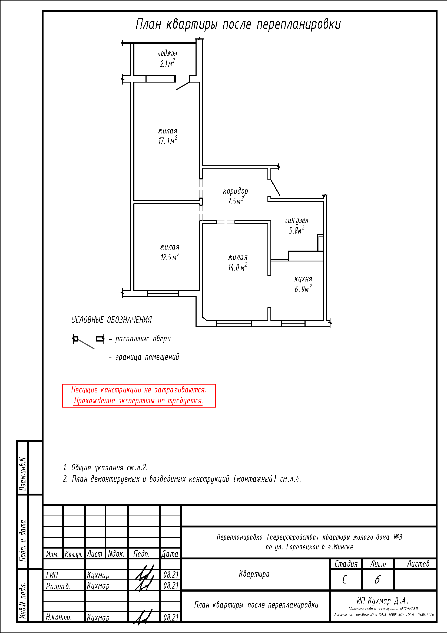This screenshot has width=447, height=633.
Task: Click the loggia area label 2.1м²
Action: (x=167, y=63)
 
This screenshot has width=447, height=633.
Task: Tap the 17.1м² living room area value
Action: (x=167, y=140)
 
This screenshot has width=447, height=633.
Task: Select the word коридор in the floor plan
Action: (x=236, y=191)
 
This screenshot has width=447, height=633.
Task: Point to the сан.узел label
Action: (x=297, y=221)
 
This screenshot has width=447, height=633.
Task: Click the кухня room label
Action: (x=303, y=279)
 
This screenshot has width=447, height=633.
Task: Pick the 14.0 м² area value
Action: (x=237, y=267)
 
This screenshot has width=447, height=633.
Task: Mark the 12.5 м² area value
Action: (x=170, y=257)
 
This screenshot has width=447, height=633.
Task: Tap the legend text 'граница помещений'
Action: (x=147, y=357)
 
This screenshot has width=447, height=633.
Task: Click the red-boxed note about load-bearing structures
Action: (x=139, y=395)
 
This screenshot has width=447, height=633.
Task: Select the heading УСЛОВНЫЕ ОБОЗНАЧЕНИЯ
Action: (x=112, y=320)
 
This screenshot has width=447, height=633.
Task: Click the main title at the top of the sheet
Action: (x=238, y=24)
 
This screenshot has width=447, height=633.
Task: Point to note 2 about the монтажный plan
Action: (x=182, y=479)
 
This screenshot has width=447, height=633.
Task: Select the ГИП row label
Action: (x=52, y=575)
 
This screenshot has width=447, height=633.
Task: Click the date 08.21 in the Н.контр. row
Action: (x=171, y=617)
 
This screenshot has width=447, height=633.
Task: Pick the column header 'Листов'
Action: (x=418, y=564)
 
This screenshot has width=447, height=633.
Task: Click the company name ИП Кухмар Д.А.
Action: (x=383, y=601)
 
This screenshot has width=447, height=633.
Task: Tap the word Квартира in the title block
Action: (x=254, y=574)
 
